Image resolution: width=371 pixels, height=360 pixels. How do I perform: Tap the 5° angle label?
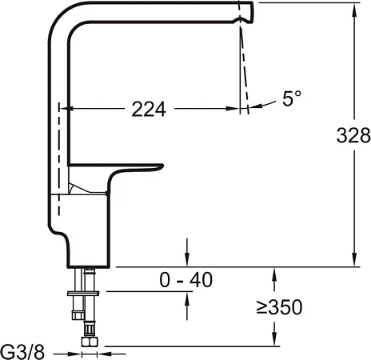pyautogui.click(x=292, y=99)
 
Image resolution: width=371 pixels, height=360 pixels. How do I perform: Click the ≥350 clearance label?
pyautogui.click(x=278, y=307)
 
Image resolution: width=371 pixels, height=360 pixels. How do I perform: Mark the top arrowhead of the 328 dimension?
pyautogui.click(x=353, y=7)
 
